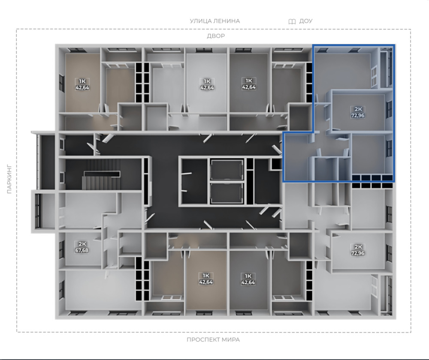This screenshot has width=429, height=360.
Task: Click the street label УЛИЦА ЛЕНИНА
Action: click(x=215, y=21)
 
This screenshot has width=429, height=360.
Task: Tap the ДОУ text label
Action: click(x=305, y=21)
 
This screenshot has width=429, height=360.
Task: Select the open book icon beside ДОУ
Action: click(x=292, y=21)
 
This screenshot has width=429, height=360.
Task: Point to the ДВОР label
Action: click(x=216, y=36)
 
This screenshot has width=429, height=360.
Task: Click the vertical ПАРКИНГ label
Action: click(x=9, y=179)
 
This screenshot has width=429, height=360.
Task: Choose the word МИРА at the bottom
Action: click(x=231, y=340)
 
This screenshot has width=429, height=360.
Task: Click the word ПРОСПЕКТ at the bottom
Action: click(x=203, y=340)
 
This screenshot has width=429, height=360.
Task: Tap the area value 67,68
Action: click(x=82, y=250)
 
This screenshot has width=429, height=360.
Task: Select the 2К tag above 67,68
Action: click(x=82, y=244)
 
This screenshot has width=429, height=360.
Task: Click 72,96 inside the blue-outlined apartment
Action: click(x=358, y=115)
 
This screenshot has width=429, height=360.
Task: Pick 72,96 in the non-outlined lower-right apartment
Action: click(x=358, y=253)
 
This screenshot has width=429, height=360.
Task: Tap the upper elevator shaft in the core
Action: click(x=227, y=170)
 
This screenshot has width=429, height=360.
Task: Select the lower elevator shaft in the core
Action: click(x=227, y=193)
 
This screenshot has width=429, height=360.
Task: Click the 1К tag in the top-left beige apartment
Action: click(x=82, y=81)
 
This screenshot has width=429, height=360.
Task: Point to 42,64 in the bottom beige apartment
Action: click(x=206, y=282)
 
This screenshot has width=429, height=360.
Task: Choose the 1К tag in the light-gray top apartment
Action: click(x=207, y=81)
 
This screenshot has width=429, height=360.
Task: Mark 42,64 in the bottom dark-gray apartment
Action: click(x=248, y=282)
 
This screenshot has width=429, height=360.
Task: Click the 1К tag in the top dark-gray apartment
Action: click(x=249, y=81)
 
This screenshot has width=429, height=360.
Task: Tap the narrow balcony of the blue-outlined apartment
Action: click(x=387, y=67)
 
